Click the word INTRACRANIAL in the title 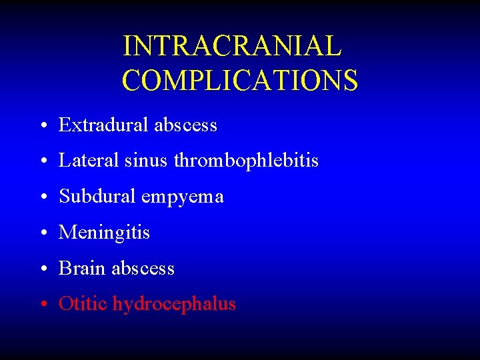point(232,46)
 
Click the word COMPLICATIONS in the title point(240,81)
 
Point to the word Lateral point(83,161)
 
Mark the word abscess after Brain point(143,269)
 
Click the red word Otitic point(83,304)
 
